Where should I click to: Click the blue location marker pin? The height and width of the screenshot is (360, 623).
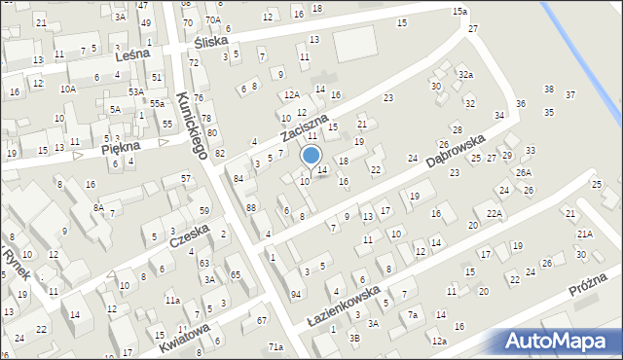point(311,156)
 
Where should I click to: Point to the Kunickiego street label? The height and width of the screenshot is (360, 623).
point(192,125)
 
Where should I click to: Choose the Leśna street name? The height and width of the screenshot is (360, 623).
point(132,55)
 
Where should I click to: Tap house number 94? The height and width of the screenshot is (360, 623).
point(296,293)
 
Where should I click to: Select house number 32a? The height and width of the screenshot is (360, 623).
point(466,75)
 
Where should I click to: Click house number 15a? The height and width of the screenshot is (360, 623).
point(459,12)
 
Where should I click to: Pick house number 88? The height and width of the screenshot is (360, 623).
point(251,207)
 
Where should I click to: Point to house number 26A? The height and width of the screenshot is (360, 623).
point(524,172)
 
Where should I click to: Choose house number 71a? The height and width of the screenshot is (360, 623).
point(275,347)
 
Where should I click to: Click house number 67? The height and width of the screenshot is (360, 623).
point(261,320)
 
